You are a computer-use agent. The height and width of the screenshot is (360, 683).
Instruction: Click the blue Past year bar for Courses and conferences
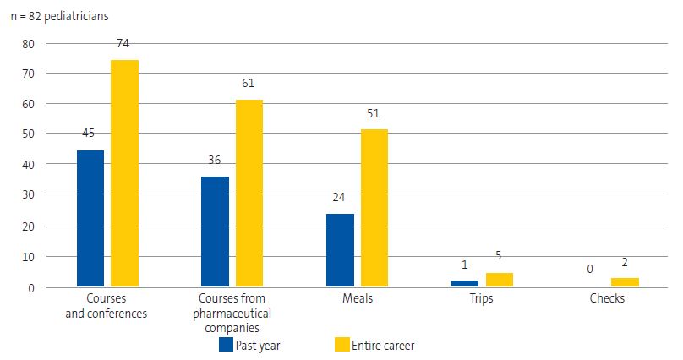click(x=90, y=219)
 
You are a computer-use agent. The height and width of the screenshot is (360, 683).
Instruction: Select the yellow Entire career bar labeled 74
click(x=125, y=173)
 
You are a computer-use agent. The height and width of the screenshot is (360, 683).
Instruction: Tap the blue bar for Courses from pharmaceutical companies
click(x=215, y=232)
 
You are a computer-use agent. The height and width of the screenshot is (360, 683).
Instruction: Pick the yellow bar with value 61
click(x=249, y=194)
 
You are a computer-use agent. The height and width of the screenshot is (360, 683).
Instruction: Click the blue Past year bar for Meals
click(x=340, y=250)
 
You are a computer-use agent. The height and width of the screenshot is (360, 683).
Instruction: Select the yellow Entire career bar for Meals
click(x=374, y=208)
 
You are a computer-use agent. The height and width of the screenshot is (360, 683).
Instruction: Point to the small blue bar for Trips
click(x=465, y=284)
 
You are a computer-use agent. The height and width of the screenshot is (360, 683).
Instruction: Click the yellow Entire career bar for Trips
click(x=500, y=280)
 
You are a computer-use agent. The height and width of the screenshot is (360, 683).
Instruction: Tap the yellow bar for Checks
click(x=625, y=282)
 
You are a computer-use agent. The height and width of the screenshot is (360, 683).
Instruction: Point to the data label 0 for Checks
click(x=590, y=270)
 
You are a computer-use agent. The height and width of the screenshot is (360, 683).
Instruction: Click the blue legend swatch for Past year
click(x=226, y=345)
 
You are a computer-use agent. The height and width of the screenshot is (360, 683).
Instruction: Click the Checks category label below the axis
click(x=608, y=299)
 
